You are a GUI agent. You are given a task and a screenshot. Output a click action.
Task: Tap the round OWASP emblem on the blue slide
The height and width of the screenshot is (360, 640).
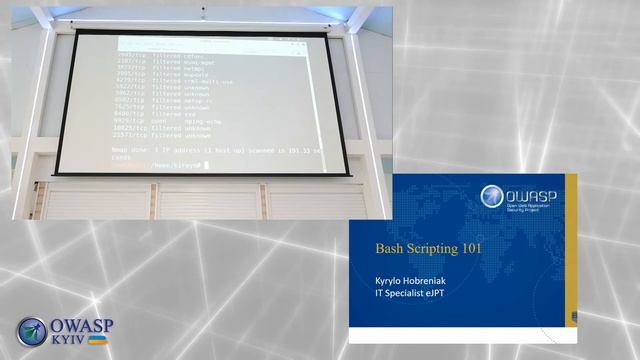tap(492, 197)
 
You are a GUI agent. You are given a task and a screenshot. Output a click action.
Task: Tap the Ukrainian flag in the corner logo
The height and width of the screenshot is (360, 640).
tap(99, 340)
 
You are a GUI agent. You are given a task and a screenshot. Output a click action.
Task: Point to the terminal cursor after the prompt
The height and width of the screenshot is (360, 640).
tap(205, 164)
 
